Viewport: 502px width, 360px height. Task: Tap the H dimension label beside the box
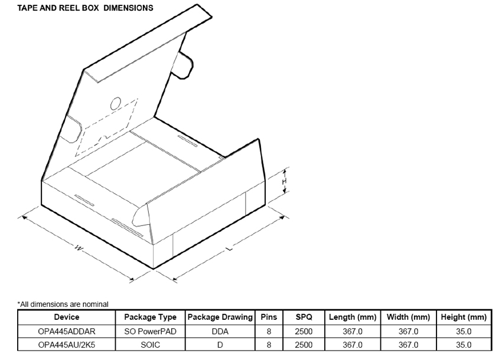tap(284, 182)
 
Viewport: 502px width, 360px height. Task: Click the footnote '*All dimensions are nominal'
tap(63, 304)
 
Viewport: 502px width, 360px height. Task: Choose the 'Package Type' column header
tap(151, 318)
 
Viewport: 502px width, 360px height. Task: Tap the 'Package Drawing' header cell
tap(220, 318)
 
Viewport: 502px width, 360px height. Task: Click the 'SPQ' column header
tap(304, 318)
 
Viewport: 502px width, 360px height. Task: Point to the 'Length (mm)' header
tap(353, 318)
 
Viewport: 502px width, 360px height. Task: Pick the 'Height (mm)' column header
tap(464, 318)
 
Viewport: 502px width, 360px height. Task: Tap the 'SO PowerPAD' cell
tap(151, 332)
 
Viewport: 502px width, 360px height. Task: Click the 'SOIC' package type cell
tap(151, 345)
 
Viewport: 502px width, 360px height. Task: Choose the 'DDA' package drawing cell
tap(220, 332)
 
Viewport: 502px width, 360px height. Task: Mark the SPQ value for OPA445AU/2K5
tap(304, 345)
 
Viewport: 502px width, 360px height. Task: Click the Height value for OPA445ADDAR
tap(464, 332)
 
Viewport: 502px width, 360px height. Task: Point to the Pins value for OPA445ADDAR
tap(269, 332)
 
